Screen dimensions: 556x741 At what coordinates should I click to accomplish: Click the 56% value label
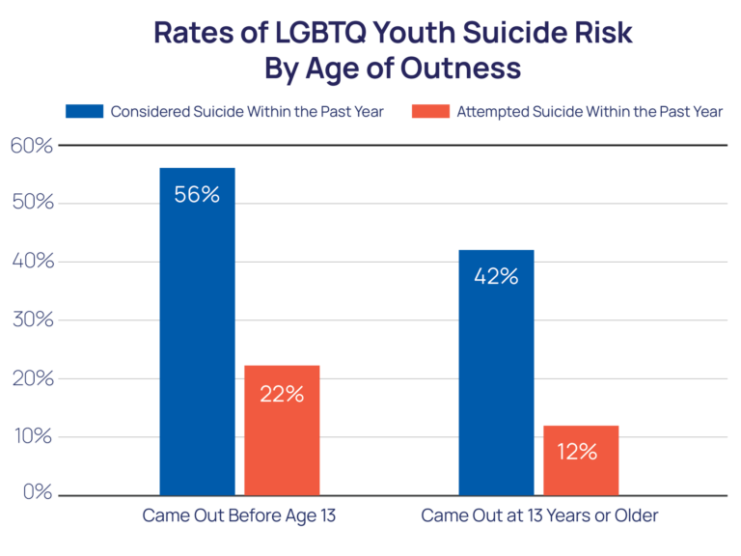[x=197, y=194]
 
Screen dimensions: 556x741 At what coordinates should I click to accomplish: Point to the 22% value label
[x=281, y=394]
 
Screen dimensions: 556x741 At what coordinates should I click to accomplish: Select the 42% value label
[x=496, y=276]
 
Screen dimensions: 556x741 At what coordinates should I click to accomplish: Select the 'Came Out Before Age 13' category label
[x=239, y=515]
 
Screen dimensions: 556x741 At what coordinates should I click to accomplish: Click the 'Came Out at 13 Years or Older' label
[x=539, y=515]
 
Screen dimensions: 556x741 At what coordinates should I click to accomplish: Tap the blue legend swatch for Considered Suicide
[x=83, y=111]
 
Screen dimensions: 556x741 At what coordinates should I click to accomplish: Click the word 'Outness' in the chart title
[x=455, y=69]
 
